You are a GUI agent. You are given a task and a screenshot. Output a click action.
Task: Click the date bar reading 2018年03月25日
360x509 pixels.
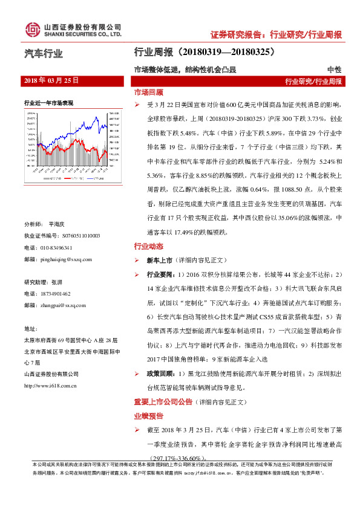pyautogui.click(x=52, y=80)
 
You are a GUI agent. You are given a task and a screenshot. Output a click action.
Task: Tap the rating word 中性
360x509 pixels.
pyautogui.click(x=334, y=70)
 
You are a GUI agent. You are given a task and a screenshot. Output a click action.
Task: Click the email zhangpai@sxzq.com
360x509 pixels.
pyautogui.click(x=63, y=305)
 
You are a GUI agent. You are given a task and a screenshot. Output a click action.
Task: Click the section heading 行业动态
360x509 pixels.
pyautogui.click(x=148, y=246)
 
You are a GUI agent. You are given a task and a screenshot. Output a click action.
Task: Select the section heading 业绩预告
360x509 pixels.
pyautogui.click(x=148, y=417)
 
